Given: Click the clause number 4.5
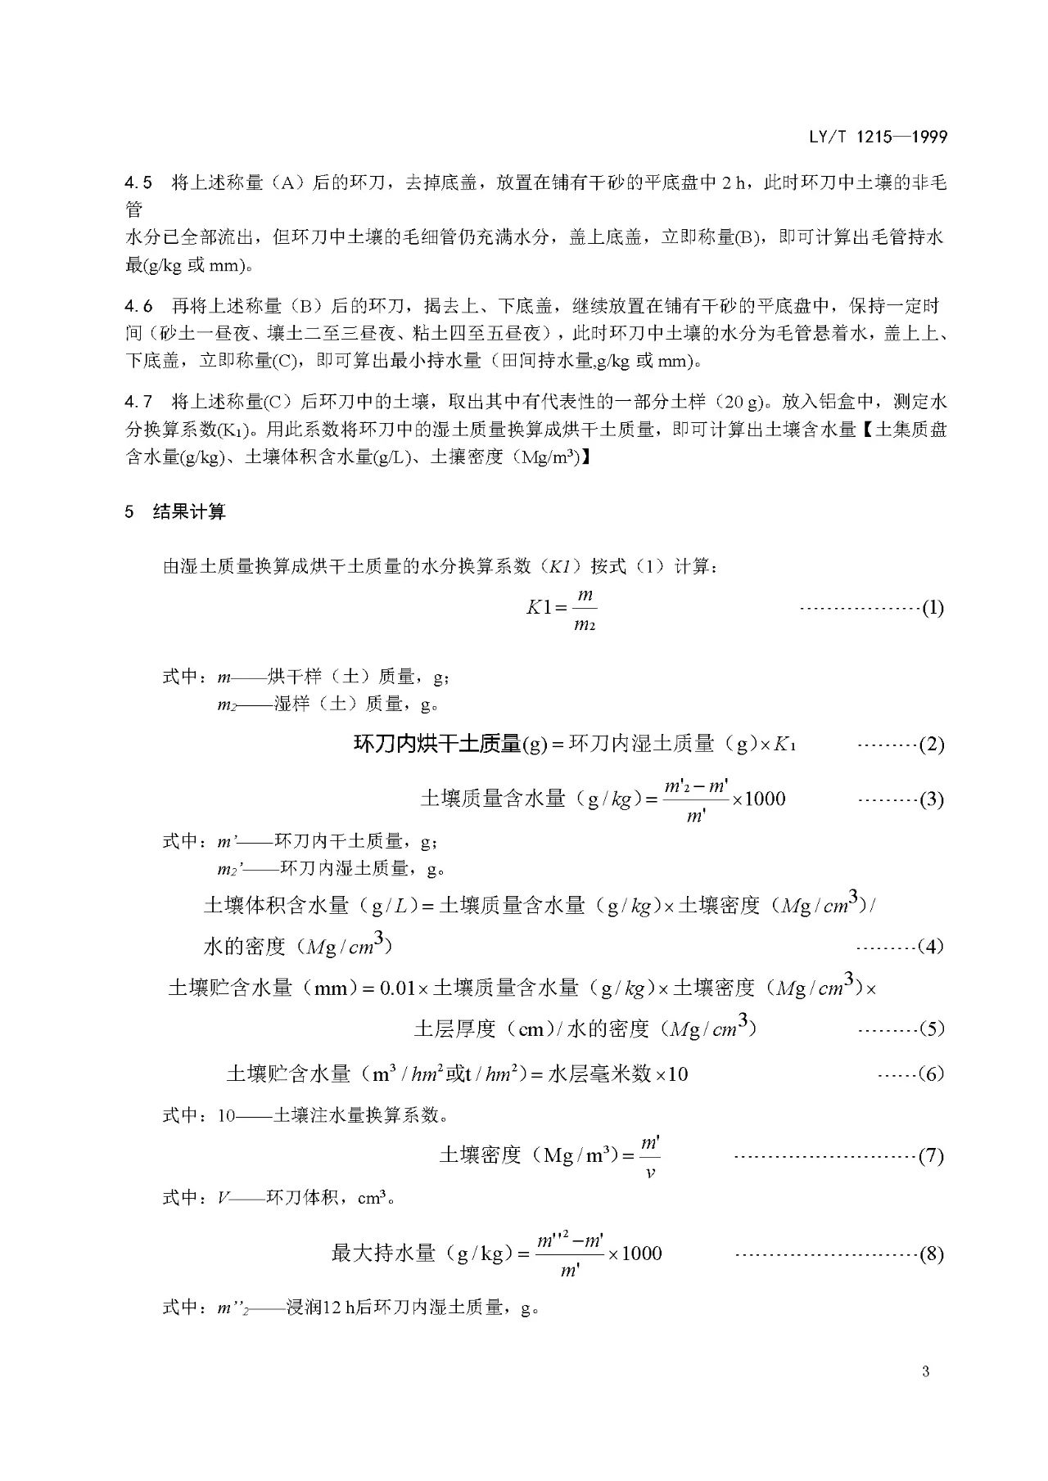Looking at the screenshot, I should (x=138, y=182).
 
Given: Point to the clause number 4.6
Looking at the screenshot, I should (x=138, y=306).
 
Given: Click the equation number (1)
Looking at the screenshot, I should (x=933, y=608).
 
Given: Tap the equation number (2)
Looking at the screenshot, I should (x=933, y=745).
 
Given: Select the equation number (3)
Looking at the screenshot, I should (x=933, y=799).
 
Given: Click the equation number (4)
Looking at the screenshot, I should (x=933, y=947).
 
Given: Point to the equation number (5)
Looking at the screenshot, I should (x=933, y=1029).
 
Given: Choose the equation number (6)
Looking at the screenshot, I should (x=933, y=1074).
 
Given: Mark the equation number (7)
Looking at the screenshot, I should (x=933, y=1156).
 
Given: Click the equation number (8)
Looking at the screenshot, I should (x=933, y=1254).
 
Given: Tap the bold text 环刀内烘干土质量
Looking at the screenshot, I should (x=437, y=744).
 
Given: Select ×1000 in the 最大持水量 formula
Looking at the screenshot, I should (x=635, y=1253).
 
